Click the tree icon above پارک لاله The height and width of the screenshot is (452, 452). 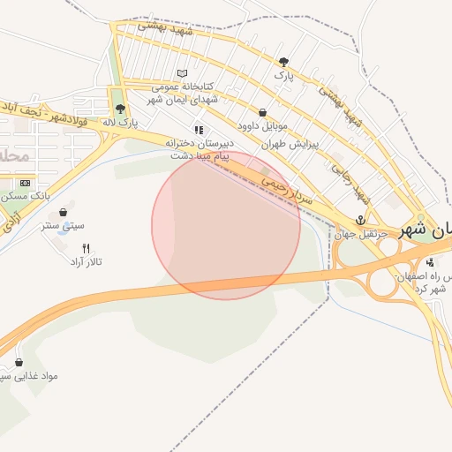pyautogui.click(x=120, y=109)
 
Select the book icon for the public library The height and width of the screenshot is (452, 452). pyautogui.click(x=182, y=73)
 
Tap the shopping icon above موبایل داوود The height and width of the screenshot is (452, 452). pyautogui.click(x=263, y=112)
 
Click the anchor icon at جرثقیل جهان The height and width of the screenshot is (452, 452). pyautogui.click(x=360, y=220)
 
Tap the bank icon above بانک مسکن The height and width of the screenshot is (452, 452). pyautogui.click(x=24, y=183)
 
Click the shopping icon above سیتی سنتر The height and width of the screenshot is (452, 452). pyautogui.click(x=64, y=212)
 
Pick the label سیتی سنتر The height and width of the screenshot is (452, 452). pyautogui.click(x=63, y=225)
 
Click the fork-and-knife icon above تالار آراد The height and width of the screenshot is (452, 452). pyautogui.click(x=86, y=248)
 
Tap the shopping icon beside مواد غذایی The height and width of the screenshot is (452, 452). pyautogui.click(x=19, y=362)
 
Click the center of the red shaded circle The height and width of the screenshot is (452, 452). pyautogui.click(x=226, y=225)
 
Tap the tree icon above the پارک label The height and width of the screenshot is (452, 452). pyautogui.click(x=282, y=62)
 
